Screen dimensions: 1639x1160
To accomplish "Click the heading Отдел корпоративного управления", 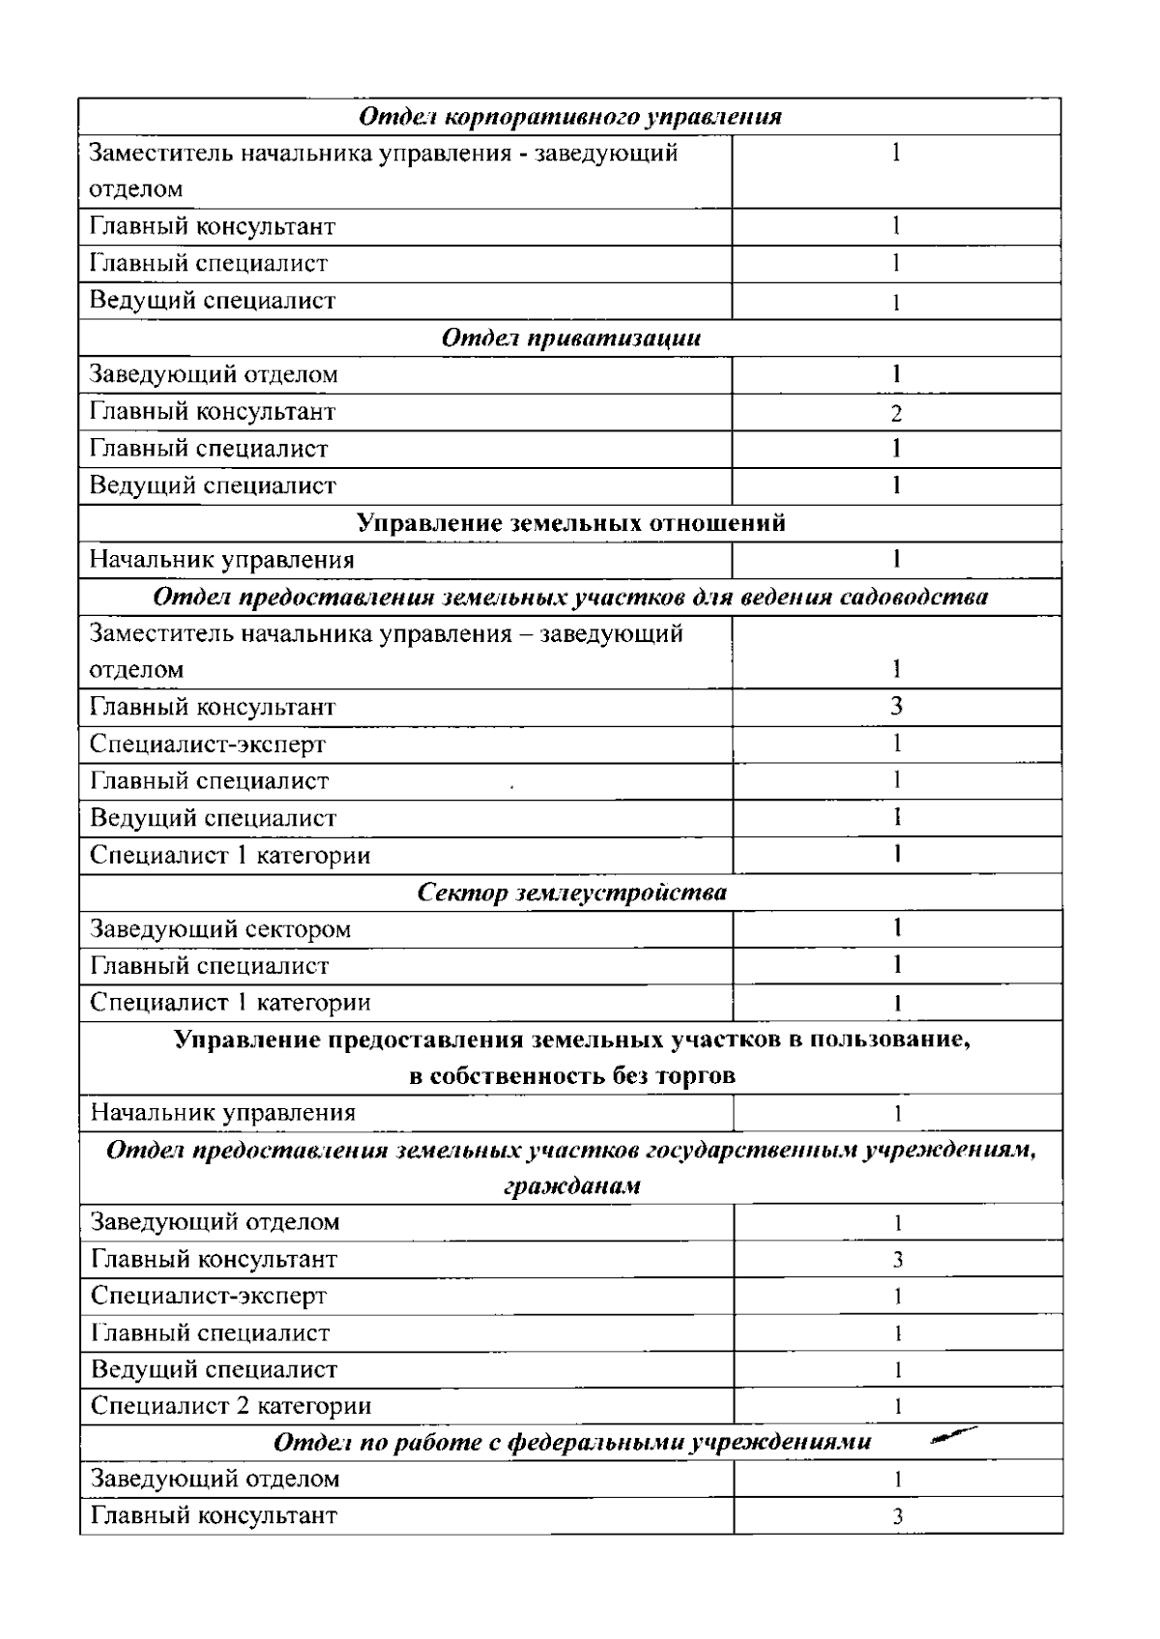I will tap(570, 117).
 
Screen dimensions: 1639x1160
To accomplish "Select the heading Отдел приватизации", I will tap(570, 337).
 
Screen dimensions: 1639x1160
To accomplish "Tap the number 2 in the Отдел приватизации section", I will tap(896, 414).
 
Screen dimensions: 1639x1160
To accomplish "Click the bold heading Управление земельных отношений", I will tap(570, 523).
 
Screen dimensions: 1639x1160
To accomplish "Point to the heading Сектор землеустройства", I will tap(570, 892).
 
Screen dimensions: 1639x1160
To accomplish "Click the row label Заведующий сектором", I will tap(220, 929).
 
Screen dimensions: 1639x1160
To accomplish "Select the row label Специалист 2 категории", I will tap(231, 1405).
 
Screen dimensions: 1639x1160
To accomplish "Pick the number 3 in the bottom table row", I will tap(897, 1517).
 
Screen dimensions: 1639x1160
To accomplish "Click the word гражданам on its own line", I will tap(571, 1186).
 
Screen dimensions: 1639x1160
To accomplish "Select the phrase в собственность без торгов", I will tap(571, 1075).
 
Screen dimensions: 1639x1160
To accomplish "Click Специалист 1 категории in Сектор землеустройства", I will tap(230, 1002).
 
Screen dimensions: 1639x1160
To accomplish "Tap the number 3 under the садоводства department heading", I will tap(896, 706).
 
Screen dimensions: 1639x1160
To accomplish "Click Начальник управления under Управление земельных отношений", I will tap(222, 560).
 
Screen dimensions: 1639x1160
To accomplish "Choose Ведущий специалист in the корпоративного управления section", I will tap(213, 300).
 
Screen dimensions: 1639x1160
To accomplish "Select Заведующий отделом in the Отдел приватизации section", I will tap(214, 374).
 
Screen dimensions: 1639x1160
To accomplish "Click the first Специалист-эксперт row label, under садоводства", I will tap(208, 744).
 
